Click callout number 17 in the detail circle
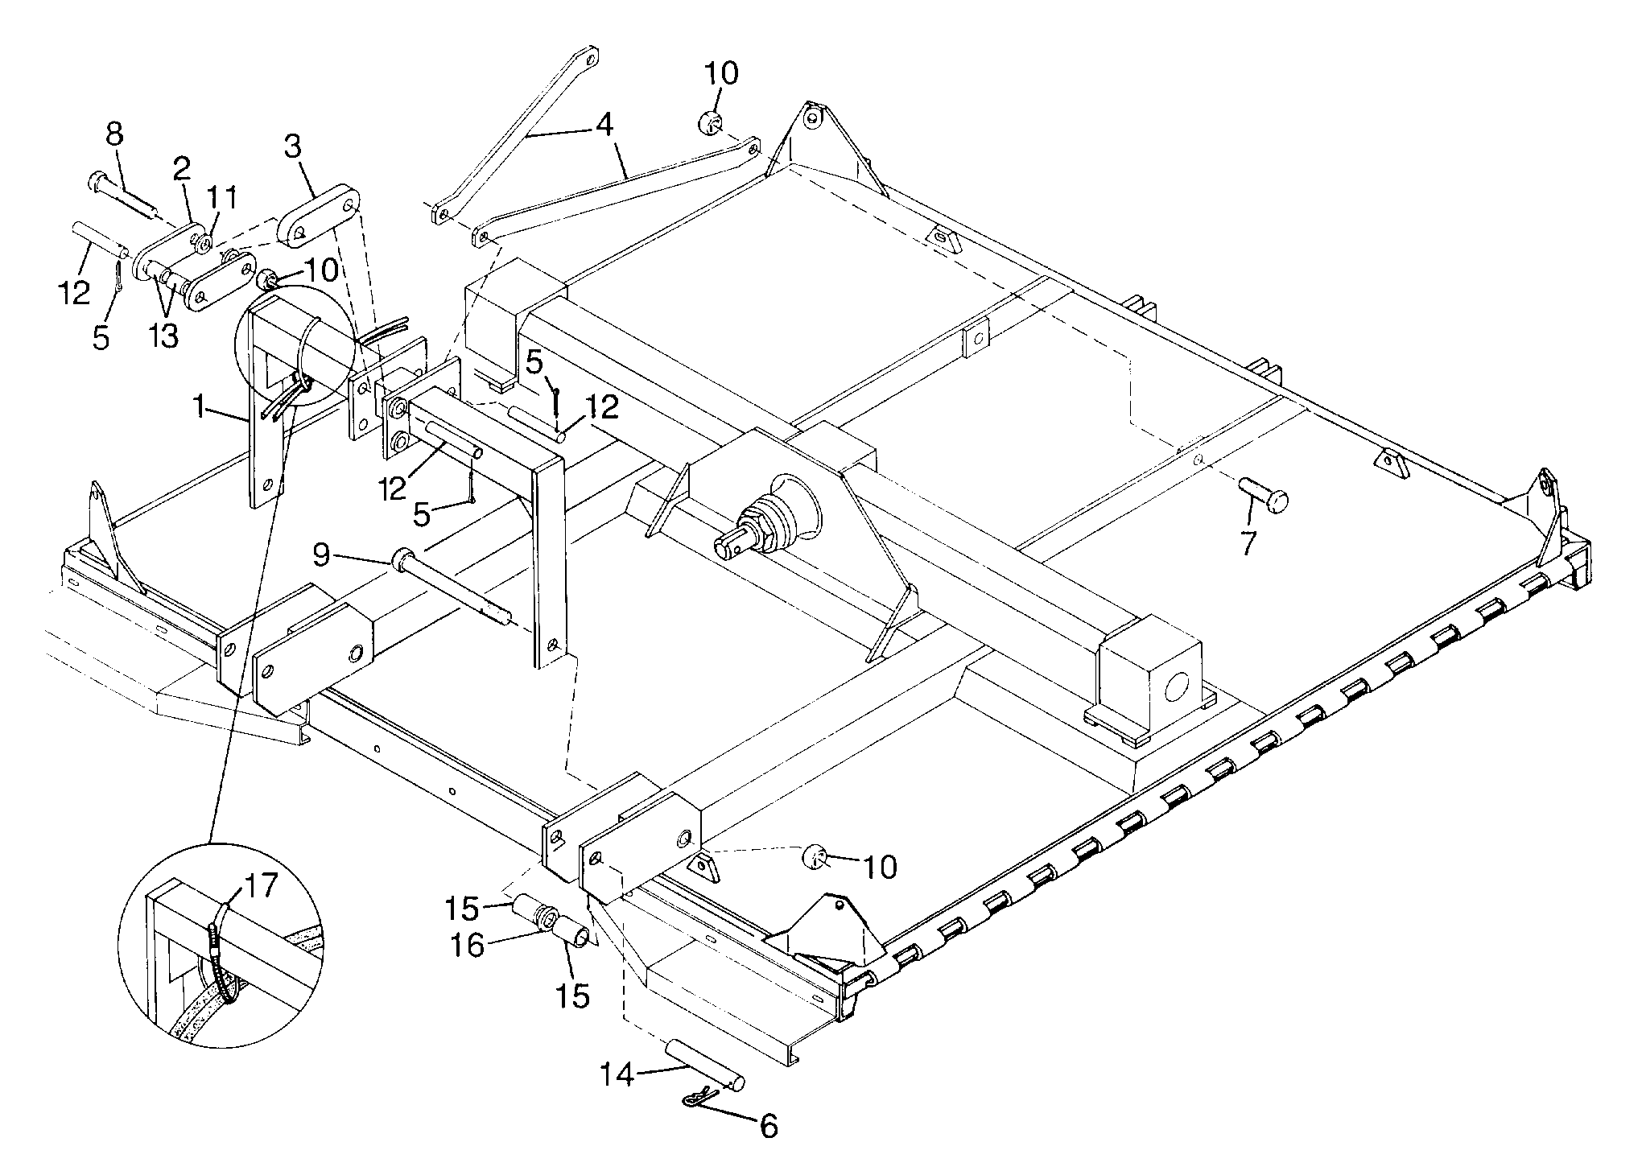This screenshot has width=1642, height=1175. [x=259, y=885]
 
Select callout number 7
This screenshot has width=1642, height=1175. [x=1248, y=543]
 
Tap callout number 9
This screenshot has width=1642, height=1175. [x=321, y=555]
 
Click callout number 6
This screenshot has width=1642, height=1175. [x=769, y=1126]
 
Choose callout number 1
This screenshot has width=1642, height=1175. [x=198, y=407]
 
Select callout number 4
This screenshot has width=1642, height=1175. [x=604, y=124]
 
